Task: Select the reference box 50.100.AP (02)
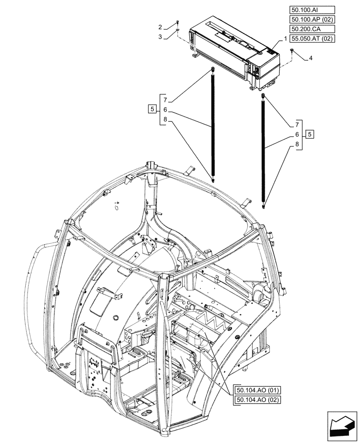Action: click(312, 20)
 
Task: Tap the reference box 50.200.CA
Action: click(312, 29)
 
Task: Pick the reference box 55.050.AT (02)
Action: click(312, 39)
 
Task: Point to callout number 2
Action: click(160, 27)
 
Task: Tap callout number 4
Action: click(311, 58)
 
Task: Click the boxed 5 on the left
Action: click(153, 109)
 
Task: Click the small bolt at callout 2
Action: click(177, 23)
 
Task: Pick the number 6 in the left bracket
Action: click(164, 109)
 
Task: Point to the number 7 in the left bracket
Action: click(164, 99)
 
